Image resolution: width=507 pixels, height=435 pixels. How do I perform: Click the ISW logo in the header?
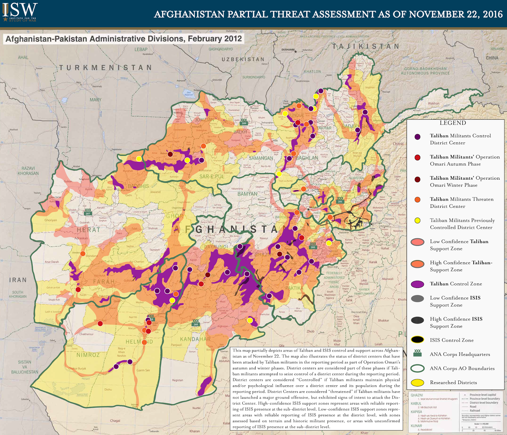[20, 12]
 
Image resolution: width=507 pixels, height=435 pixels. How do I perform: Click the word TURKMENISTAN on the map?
[106, 67]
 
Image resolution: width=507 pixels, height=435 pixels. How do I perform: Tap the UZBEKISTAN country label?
[243, 59]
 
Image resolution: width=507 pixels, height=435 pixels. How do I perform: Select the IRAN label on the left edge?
[18, 280]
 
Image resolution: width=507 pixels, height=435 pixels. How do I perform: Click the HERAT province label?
[88, 230]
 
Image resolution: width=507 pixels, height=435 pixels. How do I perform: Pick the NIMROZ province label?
[88, 355]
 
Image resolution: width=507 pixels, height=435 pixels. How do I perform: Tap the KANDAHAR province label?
[196, 339]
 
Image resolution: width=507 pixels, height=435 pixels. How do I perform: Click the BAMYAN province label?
[247, 194]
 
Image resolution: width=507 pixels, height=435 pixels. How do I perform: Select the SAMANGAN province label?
[261, 158]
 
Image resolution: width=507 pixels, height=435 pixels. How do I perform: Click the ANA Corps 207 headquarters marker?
[88, 212]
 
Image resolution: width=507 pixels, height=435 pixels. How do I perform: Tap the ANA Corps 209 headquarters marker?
[244, 122]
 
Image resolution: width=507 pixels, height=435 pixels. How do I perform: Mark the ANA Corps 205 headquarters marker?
[196, 323]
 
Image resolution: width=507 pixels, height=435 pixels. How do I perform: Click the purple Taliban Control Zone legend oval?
[417, 284]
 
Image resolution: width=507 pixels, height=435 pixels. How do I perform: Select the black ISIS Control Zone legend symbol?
[417, 340]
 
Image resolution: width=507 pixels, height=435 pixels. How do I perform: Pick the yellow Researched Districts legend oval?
[417, 382]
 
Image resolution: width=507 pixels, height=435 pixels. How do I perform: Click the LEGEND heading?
[452, 123]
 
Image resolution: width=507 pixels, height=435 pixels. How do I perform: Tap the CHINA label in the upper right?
[492, 58]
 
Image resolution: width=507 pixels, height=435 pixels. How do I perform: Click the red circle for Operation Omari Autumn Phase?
[417, 157]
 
